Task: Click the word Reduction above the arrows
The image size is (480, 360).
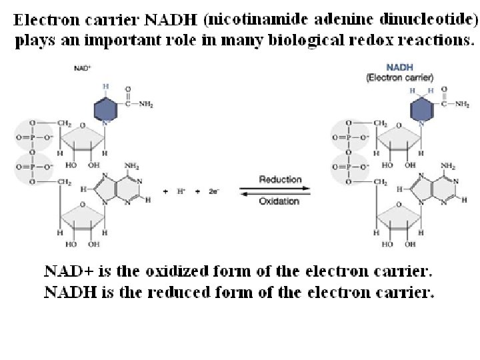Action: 280,179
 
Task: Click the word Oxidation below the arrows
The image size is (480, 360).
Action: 280,201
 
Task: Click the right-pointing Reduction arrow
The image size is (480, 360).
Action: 280,187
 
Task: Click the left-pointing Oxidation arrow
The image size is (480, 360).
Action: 280,193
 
